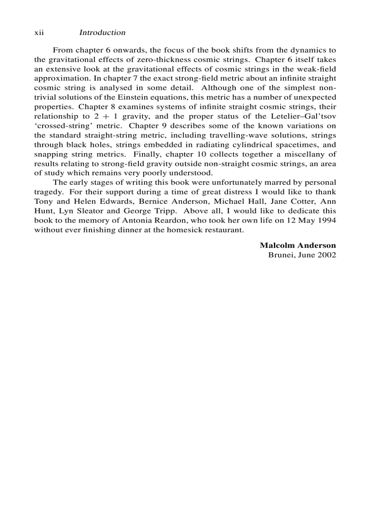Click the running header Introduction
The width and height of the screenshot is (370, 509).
(x=102, y=33)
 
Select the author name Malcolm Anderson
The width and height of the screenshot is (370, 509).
(x=297, y=245)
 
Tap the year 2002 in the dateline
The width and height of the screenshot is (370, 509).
(x=327, y=255)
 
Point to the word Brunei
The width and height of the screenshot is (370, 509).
(x=280, y=255)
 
